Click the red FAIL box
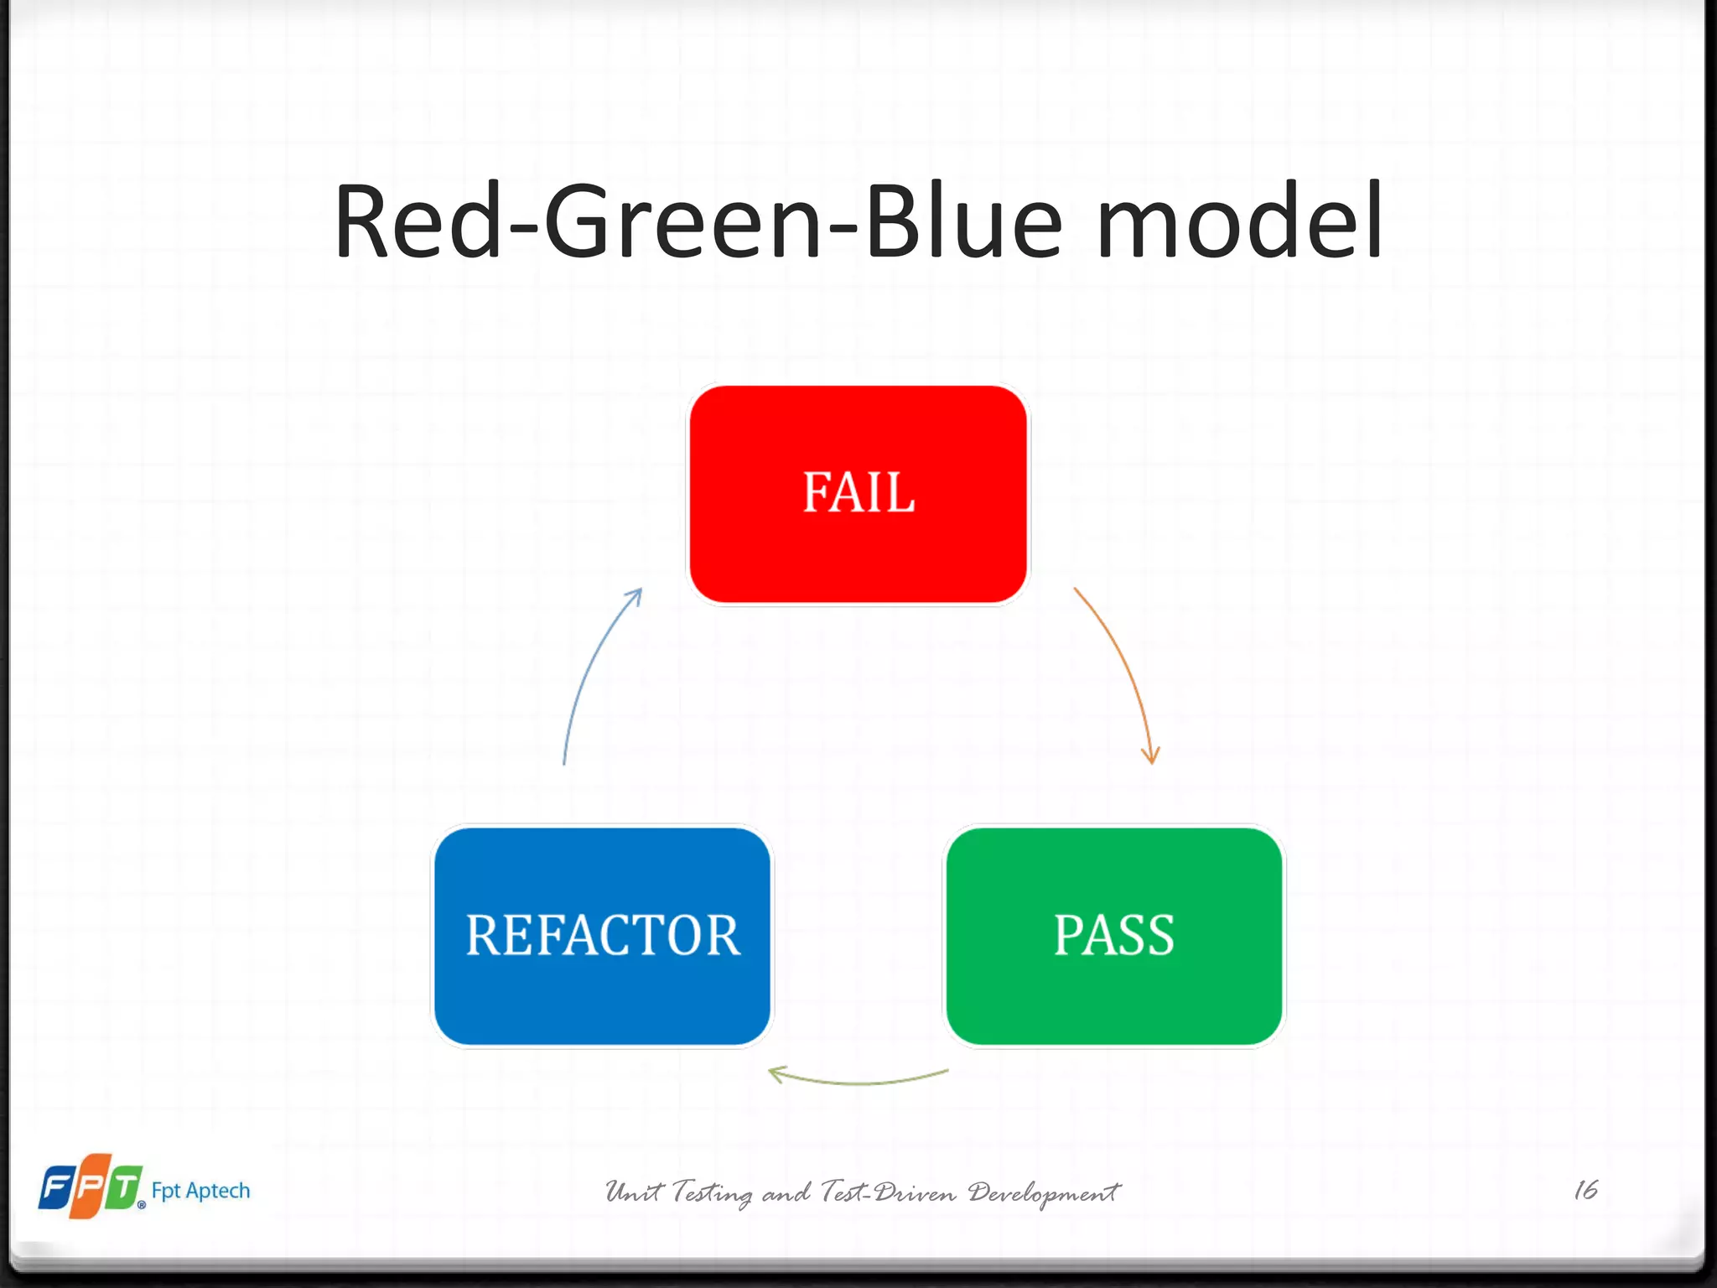[x=858, y=494]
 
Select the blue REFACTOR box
[x=602, y=936]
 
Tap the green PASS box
[x=1114, y=936]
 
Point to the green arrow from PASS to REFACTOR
[x=864, y=1083]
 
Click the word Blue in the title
[x=964, y=222]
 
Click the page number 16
[x=1585, y=1190]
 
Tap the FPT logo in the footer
[x=91, y=1187]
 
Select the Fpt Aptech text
[x=200, y=1191]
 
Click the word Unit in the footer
[x=634, y=1192]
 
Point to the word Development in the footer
[x=1044, y=1192]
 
